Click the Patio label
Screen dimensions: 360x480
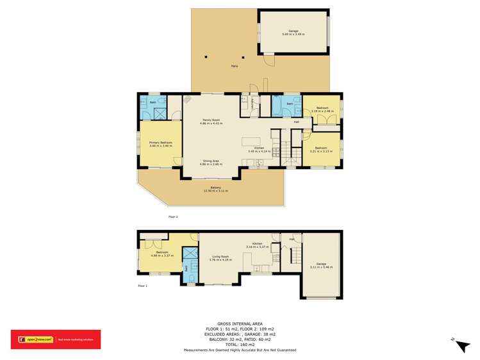235,66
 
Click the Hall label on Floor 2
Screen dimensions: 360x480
297,122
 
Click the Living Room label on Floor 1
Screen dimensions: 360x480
220,258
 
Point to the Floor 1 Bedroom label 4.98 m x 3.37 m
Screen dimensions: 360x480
160,254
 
